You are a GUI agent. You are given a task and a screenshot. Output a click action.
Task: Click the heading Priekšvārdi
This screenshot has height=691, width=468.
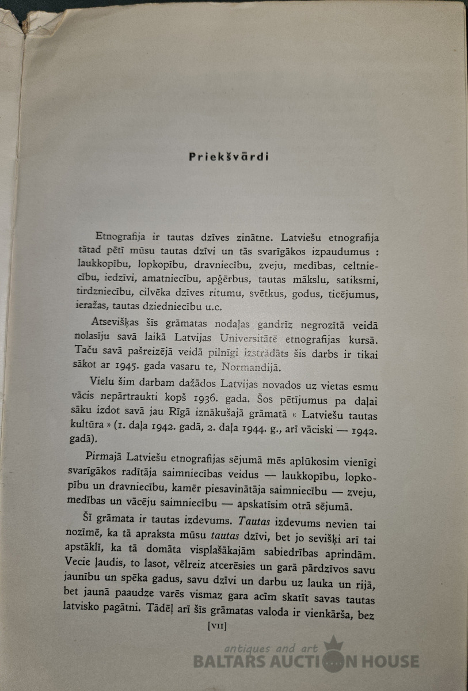[x=229, y=157]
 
